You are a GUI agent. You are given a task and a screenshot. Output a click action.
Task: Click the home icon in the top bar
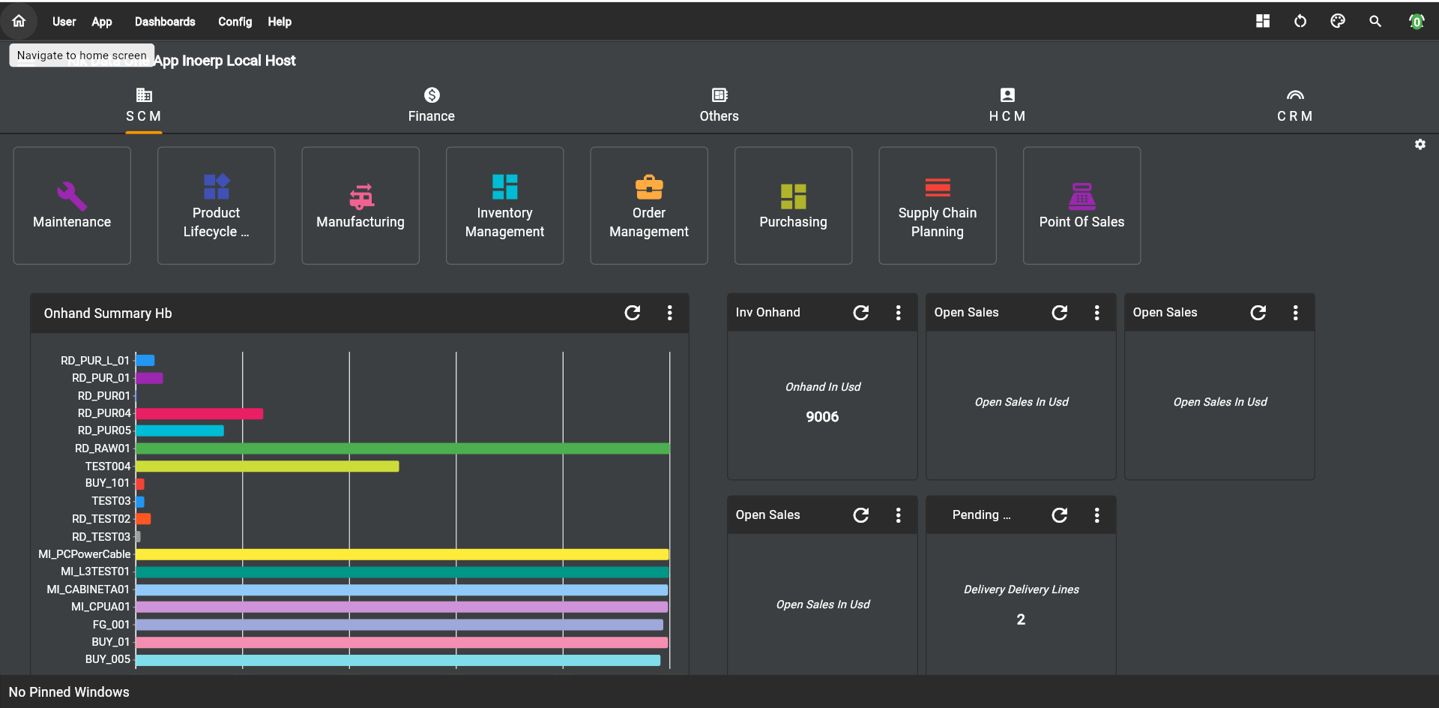tap(19, 21)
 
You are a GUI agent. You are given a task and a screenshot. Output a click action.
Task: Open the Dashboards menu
tap(165, 22)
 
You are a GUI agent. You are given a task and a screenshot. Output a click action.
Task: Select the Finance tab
tap(431, 105)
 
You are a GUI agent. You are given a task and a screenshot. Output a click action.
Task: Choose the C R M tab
tap(1294, 105)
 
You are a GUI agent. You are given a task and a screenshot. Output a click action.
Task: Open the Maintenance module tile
tap(72, 205)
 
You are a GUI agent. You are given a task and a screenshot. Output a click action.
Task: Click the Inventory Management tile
tap(504, 205)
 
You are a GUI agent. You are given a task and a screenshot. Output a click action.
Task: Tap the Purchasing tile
tap(793, 205)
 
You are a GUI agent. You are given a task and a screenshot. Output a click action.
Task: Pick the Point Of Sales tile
tap(1081, 205)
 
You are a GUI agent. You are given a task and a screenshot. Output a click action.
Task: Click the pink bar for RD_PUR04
tap(199, 413)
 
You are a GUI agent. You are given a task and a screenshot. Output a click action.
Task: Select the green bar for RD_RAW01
tap(402, 448)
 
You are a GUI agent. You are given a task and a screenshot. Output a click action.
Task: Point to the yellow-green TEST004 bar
tap(267, 466)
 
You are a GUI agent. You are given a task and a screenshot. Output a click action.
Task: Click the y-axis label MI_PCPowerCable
tap(85, 554)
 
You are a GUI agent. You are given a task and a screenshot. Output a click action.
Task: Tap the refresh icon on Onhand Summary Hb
tap(633, 313)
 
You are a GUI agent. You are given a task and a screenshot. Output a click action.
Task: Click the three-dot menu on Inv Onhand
tap(898, 313)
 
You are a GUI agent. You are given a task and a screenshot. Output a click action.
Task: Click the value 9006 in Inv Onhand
tap(822, 417)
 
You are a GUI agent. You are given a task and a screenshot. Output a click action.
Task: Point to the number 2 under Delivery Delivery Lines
tap(1021, 619)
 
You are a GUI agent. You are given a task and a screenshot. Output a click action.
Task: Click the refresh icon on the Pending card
tap(1059, 515)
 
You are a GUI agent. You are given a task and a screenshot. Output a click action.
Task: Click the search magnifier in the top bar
tap(1375, 21)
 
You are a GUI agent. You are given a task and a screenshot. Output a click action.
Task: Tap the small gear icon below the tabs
tap(1420, 144)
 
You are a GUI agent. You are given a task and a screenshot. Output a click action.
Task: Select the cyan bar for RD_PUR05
tap(180, 430)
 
